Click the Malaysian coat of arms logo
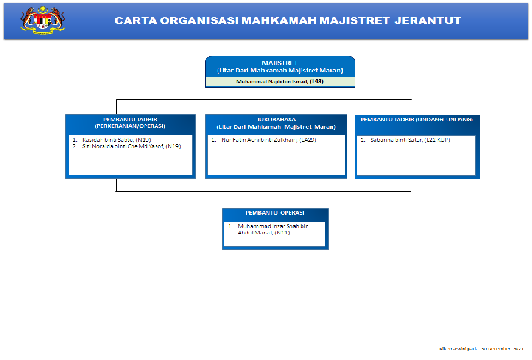click(x=42, y=20)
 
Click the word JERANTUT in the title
click(x=434, y=21)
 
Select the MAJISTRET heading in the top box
click(x=280, y=63)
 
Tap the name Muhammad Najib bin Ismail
click(x=272, y=81)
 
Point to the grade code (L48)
click(x=317, y=81)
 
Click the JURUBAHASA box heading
click(x=276, y=120)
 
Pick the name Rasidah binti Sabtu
click(x=107, y=139)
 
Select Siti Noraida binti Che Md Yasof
click(x=122, y=146)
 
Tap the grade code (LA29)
click(x=308, y=139)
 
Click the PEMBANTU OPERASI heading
click(x=275, y=213)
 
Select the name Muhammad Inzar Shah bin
click(x=273, y=226)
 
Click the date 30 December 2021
click(x=502, y=349)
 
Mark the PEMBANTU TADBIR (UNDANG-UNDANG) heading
click(x=417, y=120)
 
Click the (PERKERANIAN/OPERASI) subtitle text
click(x=130, y=126)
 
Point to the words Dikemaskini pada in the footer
click(x=459, y=349)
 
